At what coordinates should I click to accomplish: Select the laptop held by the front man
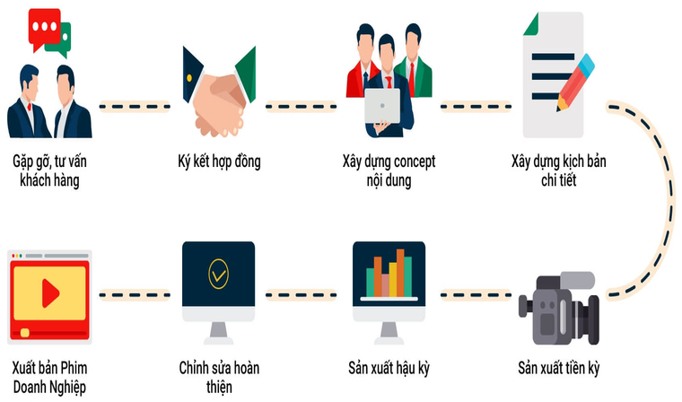tap(382, 106)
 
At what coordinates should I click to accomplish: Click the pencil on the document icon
tap(575, 83)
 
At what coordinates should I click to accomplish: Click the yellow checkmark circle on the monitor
tap(218, 274)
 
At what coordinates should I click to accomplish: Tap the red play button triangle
tap(50, 293)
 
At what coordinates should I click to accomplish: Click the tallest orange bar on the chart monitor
tap(400, 273)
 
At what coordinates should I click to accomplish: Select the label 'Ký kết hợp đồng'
tap(219, 162)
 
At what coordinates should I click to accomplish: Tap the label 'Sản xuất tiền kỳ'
tap(559, 369)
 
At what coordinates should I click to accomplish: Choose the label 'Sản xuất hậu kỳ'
tap(389, 369)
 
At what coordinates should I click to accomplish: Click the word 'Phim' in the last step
tap(74, 368)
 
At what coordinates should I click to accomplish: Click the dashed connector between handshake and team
tap(301, 107)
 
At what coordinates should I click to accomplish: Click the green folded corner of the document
tap(531, 25)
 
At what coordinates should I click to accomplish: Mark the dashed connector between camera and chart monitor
tap(476, 295)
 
